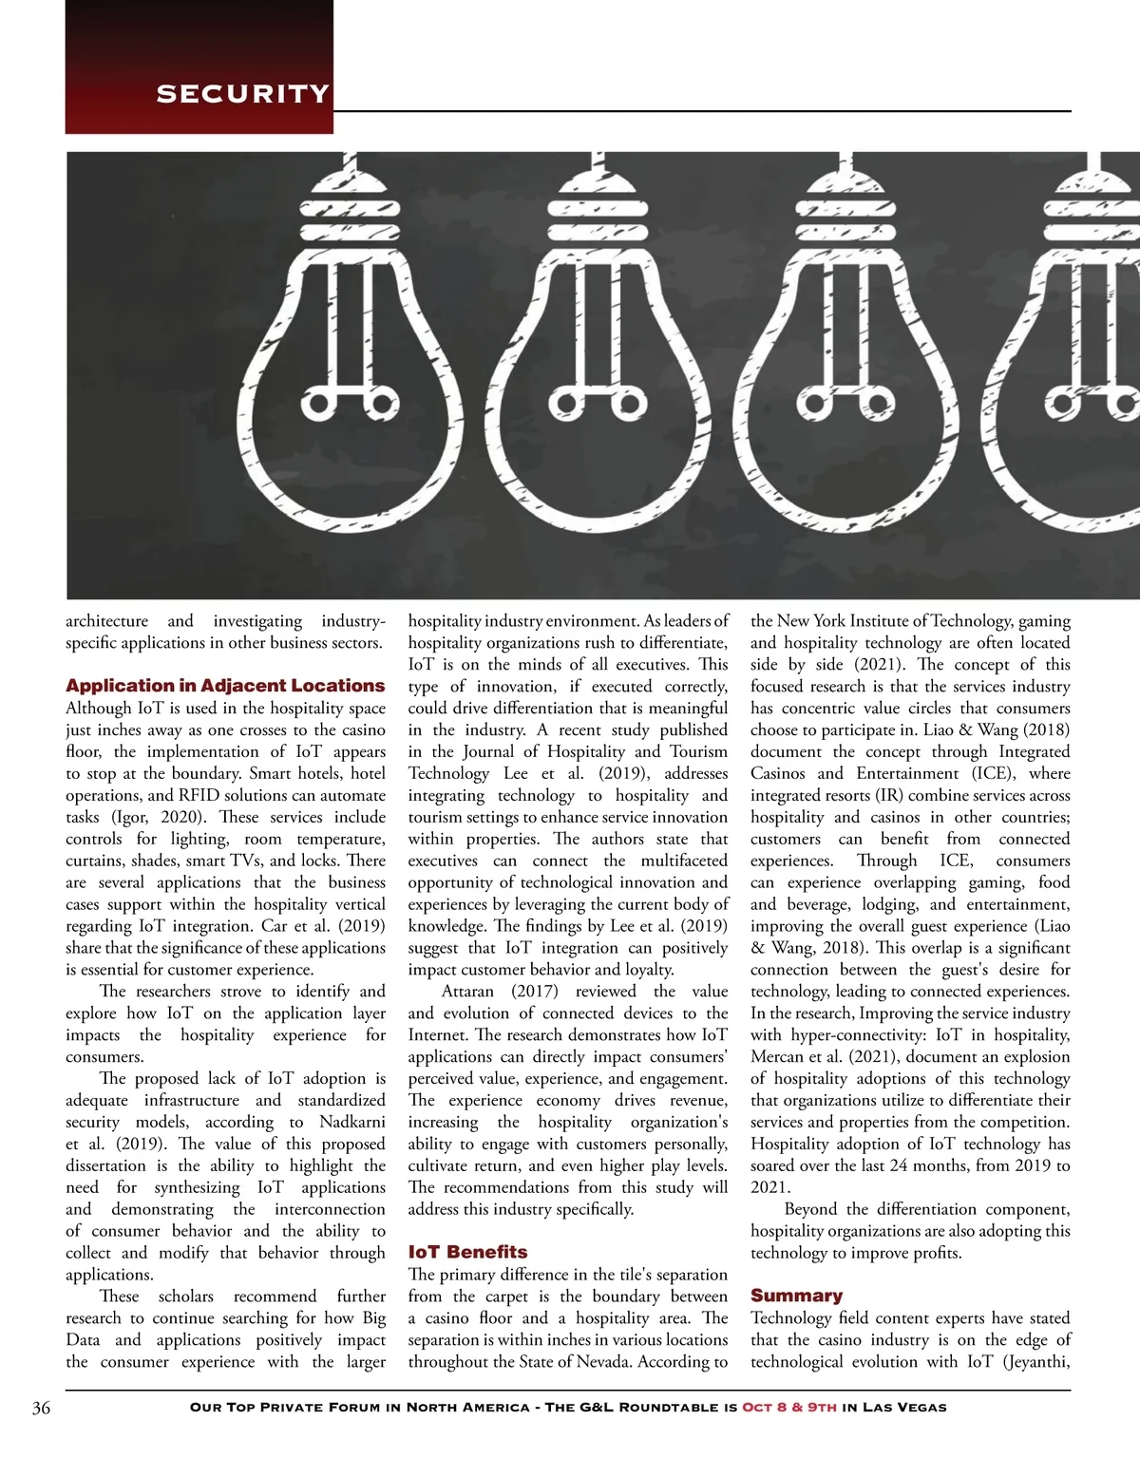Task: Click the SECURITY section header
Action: [242, 93]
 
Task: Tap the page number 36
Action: [41, 1408]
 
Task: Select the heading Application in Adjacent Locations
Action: [225, 685]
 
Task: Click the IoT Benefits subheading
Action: [467, 1252]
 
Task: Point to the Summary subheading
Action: [796, 1296]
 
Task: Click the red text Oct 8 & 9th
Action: [789, 1408]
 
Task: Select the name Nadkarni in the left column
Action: [352, 1122]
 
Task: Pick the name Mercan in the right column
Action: [777, 1056]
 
